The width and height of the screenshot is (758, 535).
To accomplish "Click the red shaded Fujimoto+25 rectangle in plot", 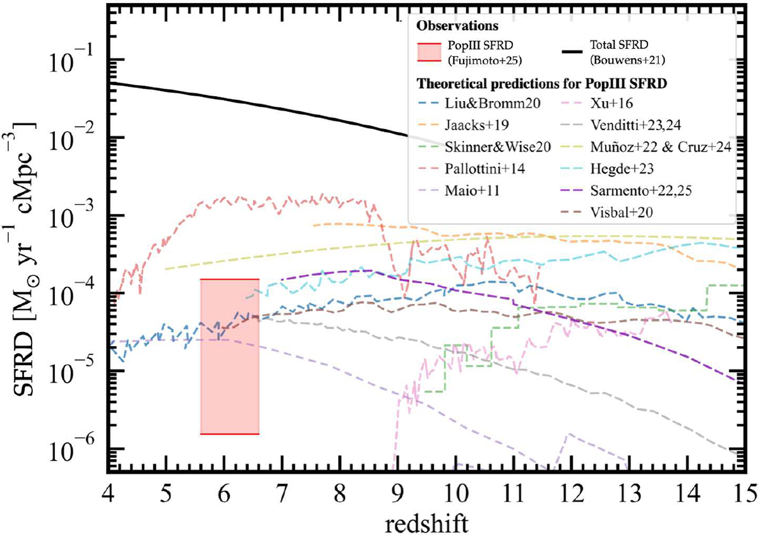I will point(229,356).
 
